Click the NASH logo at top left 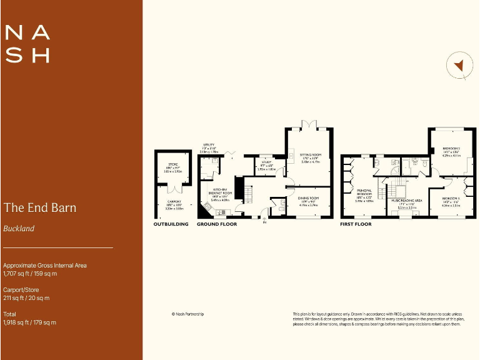27,44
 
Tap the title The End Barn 40,207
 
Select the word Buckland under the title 19,229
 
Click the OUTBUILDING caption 171,224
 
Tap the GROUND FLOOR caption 217,224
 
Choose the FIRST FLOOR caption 356,224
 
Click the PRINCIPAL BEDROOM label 364,194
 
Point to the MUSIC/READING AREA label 407,201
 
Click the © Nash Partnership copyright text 187,314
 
